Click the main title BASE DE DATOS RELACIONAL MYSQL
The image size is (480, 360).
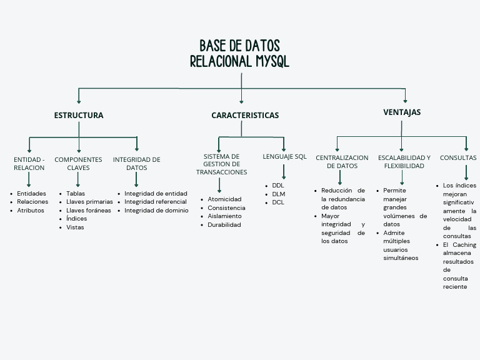tap(239, 54)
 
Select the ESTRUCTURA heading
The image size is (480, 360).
tap(79, 116)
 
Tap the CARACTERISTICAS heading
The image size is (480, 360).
tap(245, 116)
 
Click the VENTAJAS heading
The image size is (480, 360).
tap(402, 112)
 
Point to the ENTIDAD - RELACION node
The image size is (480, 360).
tap(29, 164)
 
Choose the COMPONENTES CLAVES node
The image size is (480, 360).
tap(78, 164)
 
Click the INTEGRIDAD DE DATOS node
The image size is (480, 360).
tap(136, 164)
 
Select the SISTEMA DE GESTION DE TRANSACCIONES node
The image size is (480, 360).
tap(221, 164)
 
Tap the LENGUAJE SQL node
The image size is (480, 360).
tap(284, 156)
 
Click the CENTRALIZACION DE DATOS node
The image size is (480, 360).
tap(342, 162)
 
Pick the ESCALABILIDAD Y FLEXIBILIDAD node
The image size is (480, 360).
tap(404, 162)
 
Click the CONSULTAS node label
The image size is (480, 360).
tap(458, 158)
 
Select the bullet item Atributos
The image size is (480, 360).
tap(30, 211)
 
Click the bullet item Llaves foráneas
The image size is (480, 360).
tap(89, 211)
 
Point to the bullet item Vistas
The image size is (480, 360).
tap(75, 227)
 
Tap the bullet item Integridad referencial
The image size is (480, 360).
tap(155, 202)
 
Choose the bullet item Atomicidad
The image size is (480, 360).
tap(224, 199)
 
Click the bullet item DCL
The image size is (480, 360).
tap(278, 202)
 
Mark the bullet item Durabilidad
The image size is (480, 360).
tap(224, 225)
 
